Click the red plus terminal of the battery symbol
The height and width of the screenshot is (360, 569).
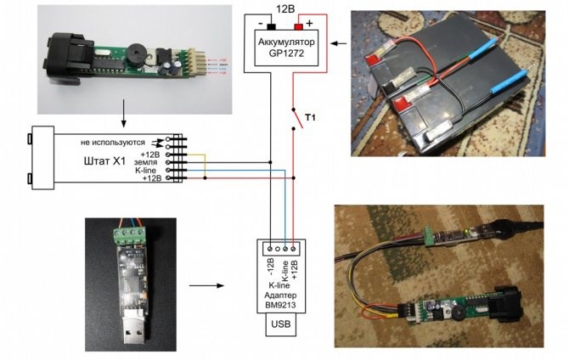pos(297,26)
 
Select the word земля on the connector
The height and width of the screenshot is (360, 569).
pos(147,163)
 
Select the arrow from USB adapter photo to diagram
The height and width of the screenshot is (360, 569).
pos(202,286)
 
